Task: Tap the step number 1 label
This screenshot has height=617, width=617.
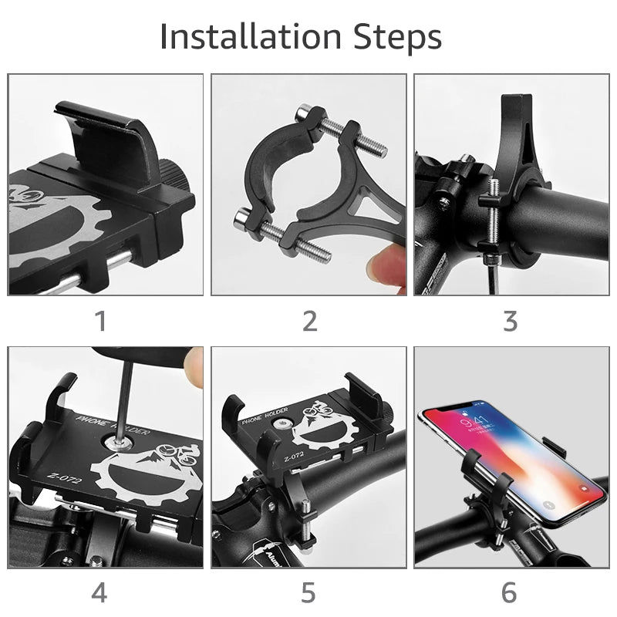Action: click(100, 321)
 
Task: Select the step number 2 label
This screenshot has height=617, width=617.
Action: click(309, 321)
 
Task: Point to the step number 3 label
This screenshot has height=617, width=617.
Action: click(510, 321)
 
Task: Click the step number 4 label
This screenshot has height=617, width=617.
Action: click(99, 592)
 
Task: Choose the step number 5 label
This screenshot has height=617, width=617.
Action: click(308, 592)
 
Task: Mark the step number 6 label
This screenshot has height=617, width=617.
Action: click(509, 592)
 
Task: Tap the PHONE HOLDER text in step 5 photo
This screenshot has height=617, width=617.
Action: click(263, 420)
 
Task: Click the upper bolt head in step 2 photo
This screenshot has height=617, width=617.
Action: click(308, 112)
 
